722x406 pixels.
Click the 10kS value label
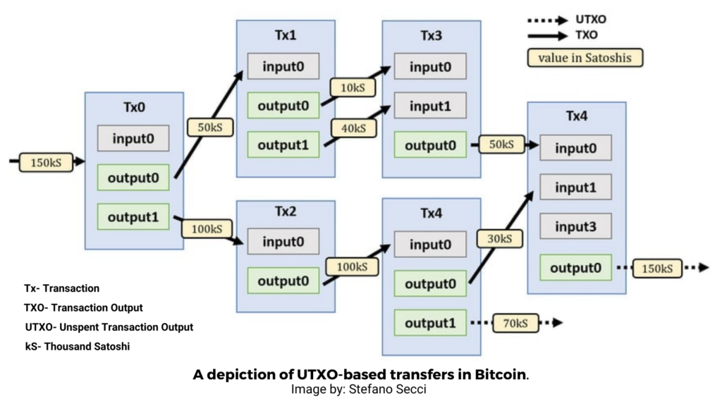[x=353, y=87]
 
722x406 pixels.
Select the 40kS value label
[x=353, y=128]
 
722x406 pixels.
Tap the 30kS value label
[x=498, y=239]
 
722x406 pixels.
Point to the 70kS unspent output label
[x=515, y=323]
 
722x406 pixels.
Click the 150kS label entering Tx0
[x=46, y=162]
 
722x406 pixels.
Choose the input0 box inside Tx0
[x=133, y=138]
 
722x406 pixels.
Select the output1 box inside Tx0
[x=133, y=217]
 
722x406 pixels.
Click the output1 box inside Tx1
[x=283, y=145]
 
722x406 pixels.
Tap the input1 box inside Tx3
[x=429, y=106]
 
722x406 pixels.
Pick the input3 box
[x=575, y=227]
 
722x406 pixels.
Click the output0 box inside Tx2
[x=283, y=281]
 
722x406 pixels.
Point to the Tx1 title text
[x=286, y=35]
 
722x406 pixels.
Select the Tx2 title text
[x=286, y=212]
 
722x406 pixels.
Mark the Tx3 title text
[x=430, y=36]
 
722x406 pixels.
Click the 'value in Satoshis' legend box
[x=585, y=58]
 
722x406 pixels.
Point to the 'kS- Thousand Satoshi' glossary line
[x=77, y=347]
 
